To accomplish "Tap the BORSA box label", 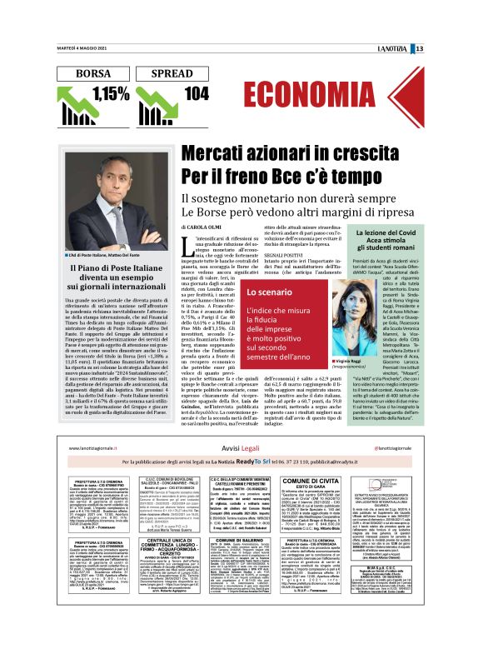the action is (92, 74).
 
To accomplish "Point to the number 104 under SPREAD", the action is (197, 94).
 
